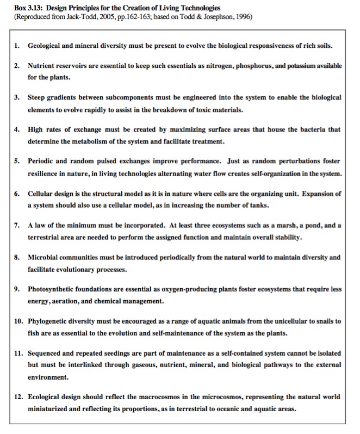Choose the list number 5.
[x=17, y=162]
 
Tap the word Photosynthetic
[x=53, y=289]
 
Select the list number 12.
[x=18, y=396]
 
